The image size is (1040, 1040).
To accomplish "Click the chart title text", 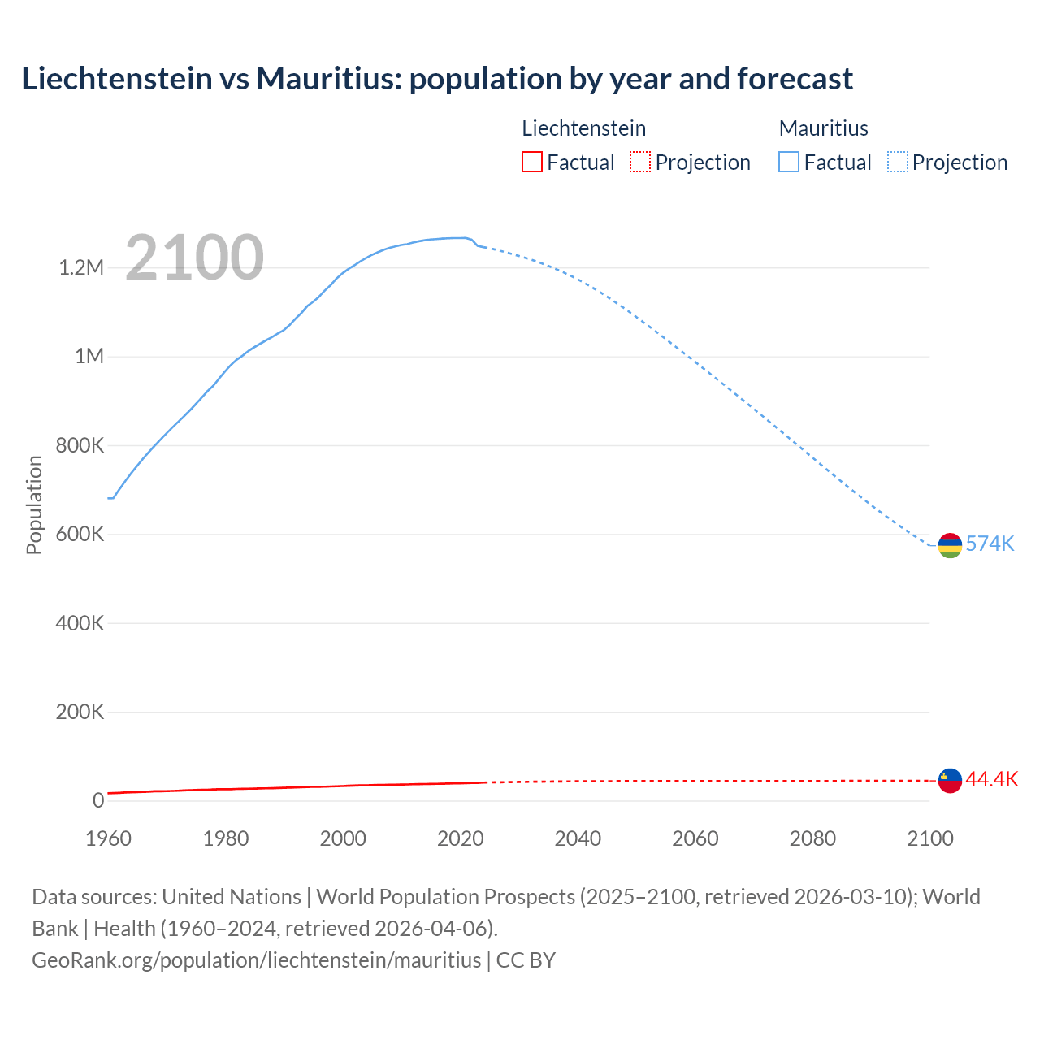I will pos(436,79).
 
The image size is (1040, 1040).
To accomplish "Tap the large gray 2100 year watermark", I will pos(194,258).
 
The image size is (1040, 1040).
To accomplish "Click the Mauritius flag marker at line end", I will pos(950,545).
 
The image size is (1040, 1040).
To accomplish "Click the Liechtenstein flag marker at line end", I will pos(950,780).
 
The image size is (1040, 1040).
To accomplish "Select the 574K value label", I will pos(990,544).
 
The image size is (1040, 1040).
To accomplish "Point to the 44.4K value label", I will pos(991,779).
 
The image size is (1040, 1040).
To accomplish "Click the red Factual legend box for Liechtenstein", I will pos(532,162).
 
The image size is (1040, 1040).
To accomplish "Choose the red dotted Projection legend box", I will pos(640,162).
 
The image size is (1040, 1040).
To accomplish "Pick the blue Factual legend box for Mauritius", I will pos(789,162).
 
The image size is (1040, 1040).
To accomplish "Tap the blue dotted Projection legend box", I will pos(898,162).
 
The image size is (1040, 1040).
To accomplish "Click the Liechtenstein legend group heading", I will pos(583,128).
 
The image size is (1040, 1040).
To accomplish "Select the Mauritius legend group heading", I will pos(823,128).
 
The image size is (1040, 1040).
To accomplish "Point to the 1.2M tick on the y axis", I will pos(81,267).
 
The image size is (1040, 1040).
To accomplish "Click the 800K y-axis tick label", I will pos(80,445).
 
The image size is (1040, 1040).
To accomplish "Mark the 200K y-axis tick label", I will pos(80,713).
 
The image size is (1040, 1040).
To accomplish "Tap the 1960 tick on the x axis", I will pos(108,838).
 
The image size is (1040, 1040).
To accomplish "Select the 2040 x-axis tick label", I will pos(578,838).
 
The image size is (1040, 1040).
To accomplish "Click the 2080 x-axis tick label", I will pos(812,838).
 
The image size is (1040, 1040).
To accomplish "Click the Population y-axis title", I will pos(34,505).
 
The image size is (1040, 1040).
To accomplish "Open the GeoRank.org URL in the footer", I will pos(256,960).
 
